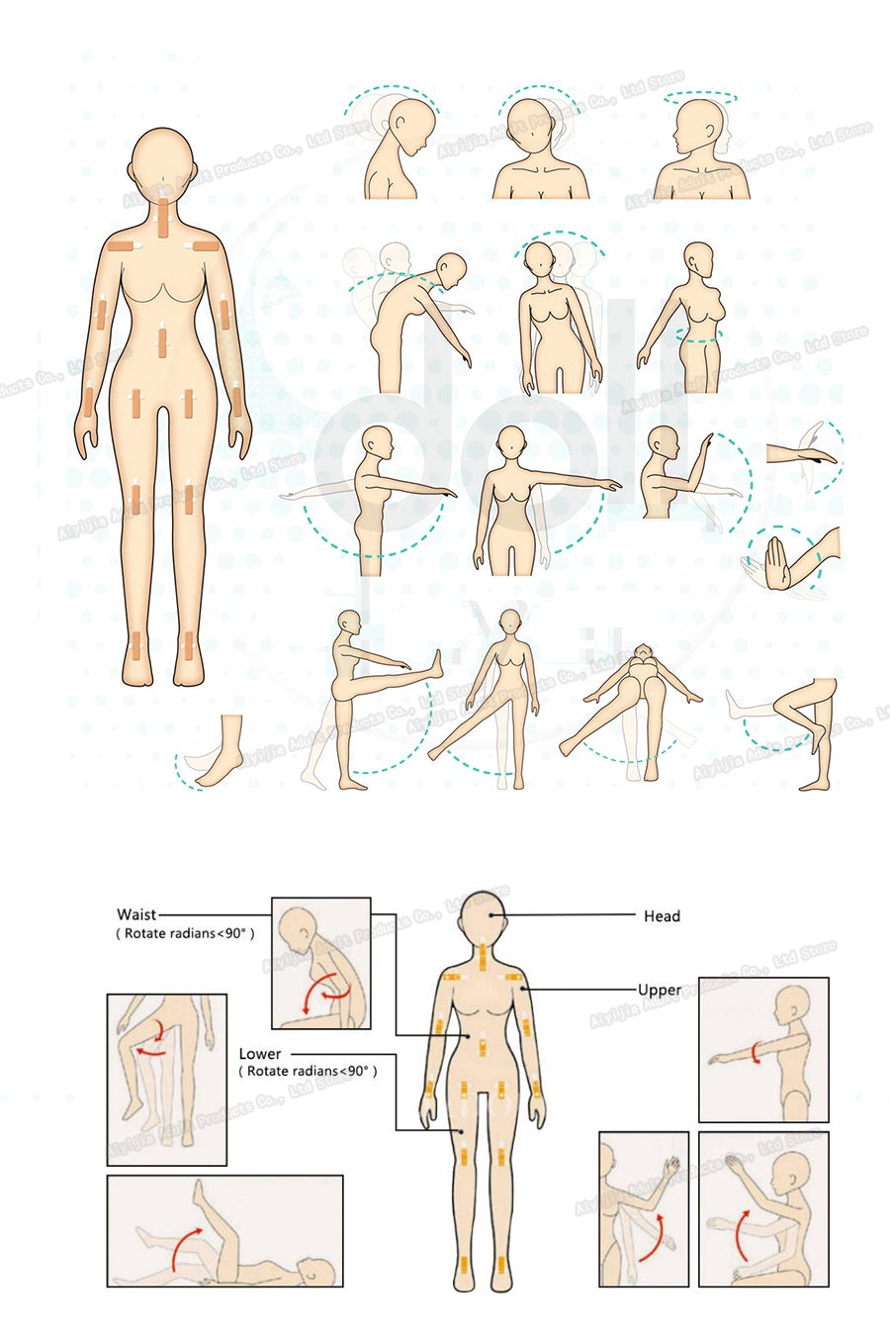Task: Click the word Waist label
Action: [x=136, y=914]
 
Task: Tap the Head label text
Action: [x=662, y=916]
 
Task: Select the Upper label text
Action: [x=659, y=990]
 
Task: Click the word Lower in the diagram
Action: [x=259, y=1054]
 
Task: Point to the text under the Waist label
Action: [x=186, y=933]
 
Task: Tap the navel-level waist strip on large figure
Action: [x=161, y=343]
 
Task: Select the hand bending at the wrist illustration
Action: [x=791, y=560]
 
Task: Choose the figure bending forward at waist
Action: [x=410, y=317]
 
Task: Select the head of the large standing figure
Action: [x=161, y=158]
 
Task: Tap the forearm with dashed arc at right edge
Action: [x=803, y=455]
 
